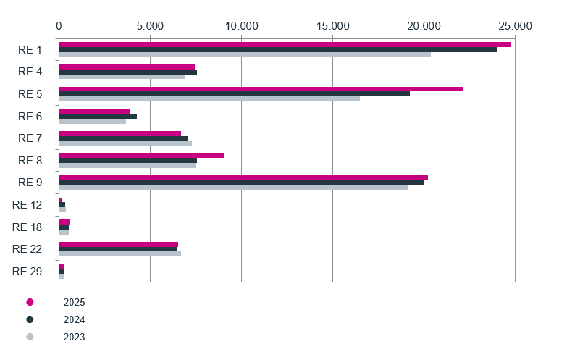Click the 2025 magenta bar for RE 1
point(285,44)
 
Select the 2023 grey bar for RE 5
point(209,99)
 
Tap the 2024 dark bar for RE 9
point(241,183)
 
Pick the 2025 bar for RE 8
point(142,156)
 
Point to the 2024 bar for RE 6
point(98,116)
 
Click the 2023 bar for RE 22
point(120,254)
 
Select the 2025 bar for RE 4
point(127,67)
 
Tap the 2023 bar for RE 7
point(125,143)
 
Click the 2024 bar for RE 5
point(235,93)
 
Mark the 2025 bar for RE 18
point(64,222)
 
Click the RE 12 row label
point(27,205)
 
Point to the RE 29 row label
point(27,272)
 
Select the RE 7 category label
point(30,138)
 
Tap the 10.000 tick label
point(242,26)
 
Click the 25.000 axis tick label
point(516,26)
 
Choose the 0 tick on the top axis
point(59,26)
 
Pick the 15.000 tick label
point(333,26)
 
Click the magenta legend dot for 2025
point(30,302)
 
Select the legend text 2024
point(74,320)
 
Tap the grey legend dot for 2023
point(30,337)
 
